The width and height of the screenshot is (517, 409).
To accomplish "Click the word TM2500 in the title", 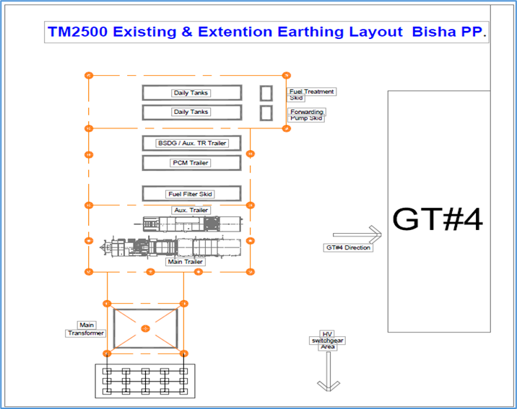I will (x=77, y=32).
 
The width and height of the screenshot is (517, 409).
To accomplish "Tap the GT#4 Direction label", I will (x=348, y=247).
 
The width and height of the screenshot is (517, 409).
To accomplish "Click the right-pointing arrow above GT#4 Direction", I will (x=357, y=234).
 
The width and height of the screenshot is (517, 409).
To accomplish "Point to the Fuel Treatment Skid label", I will (x=311, y=94).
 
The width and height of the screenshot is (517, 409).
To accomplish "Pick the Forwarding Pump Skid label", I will (x=307, y=115).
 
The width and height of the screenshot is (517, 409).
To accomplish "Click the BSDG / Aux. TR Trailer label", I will (x=192, y=144).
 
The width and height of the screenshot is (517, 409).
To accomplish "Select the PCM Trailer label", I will (x=191, y=163).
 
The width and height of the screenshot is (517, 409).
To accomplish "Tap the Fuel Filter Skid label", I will (x=191, y=194).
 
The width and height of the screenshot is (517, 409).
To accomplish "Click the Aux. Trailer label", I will (x=191, y=210).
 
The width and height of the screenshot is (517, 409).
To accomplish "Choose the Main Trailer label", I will (x=185, y=262).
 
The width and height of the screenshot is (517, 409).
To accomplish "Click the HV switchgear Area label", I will (x=328, y=340).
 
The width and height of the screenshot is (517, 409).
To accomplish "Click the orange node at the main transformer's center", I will (x=145, y=329).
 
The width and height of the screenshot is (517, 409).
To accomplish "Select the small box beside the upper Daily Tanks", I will (x=266, y=93).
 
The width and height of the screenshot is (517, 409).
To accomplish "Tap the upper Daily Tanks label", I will (x=191, y=93).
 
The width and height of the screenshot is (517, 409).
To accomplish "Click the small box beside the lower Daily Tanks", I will (x=266, y=113).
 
